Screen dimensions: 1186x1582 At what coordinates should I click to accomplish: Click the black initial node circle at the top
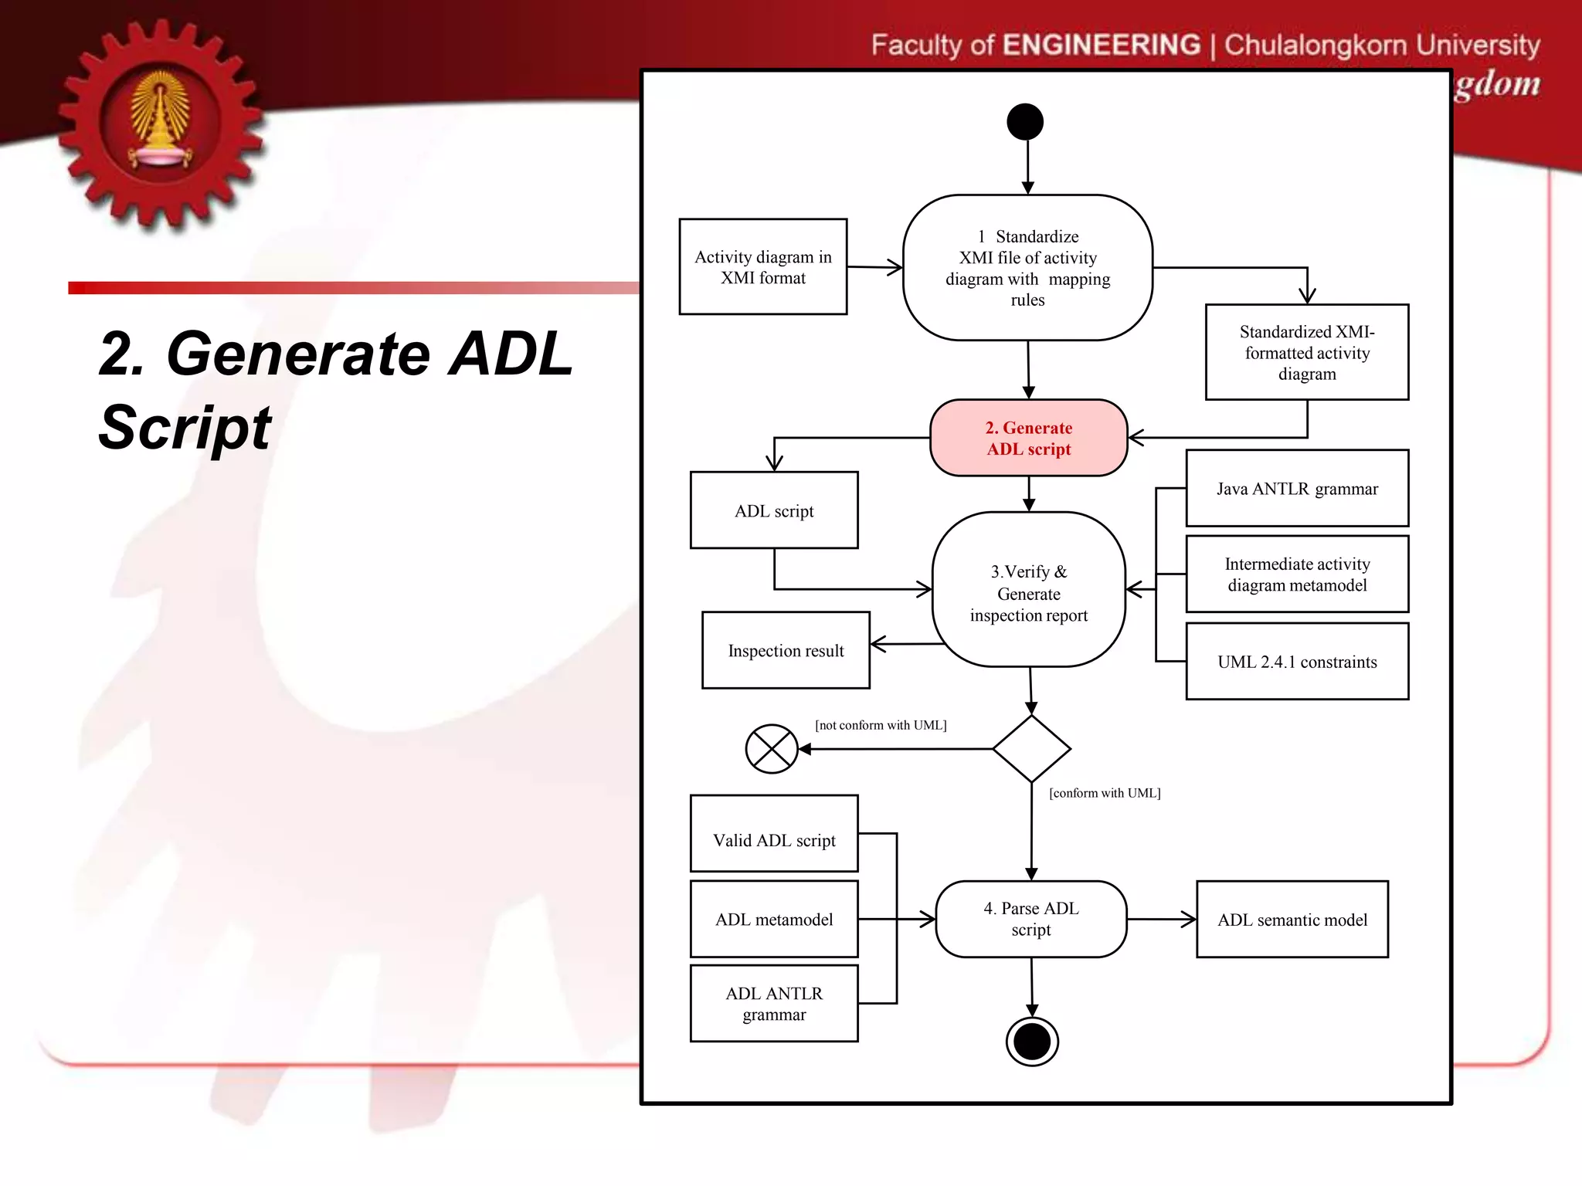pos(1025,122)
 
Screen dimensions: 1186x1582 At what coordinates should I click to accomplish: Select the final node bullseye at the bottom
pos(1032,1042)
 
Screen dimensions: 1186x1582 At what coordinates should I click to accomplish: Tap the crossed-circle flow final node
pos(771,749)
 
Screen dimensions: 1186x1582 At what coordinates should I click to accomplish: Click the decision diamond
pos(1031,749)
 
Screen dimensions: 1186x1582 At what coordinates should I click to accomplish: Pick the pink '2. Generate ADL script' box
pos(1028,438)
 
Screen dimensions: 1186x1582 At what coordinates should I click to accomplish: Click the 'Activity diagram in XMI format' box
pos(762,267)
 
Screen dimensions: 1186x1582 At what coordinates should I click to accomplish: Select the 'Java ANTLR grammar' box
pos(1297,489)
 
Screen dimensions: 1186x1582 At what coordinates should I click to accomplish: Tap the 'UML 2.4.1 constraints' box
pos(1297,662)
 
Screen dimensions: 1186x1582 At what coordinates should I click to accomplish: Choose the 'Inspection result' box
pos(786,650)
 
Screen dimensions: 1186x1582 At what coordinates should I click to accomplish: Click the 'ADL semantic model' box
pos(1292,920)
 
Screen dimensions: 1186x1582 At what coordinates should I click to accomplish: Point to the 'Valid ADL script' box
pos(774,840)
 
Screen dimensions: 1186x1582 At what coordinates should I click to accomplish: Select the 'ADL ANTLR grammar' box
pos(774,1004)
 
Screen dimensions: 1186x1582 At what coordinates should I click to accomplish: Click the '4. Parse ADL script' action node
pos(1030,919)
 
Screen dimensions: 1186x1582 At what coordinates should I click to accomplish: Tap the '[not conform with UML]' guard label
pos(881,725)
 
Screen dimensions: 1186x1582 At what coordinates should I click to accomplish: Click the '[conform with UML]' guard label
pos(1105,793)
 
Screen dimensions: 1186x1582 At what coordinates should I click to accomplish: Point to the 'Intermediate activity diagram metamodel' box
pos(1297,574)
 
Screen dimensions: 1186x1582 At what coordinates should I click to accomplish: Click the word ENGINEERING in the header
pos(1102,45)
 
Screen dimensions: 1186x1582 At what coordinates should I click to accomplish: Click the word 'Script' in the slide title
pos(185,427)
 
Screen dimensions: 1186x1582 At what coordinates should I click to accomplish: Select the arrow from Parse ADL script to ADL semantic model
pos(1161,920)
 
